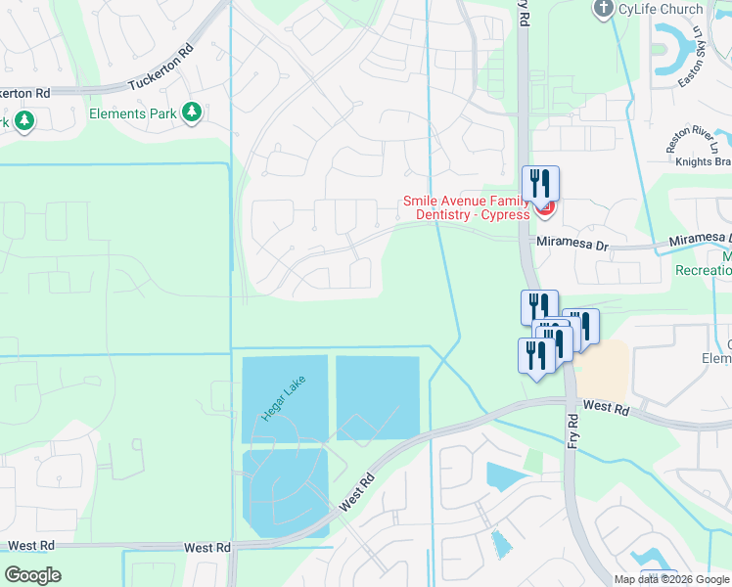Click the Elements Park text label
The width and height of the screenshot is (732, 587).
[x=132, y=114]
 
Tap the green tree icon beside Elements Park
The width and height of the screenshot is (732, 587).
[x=192, y=113]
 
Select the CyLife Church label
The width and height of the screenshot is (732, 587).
[x=661, y=10]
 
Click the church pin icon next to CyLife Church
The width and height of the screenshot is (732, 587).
[x=604, y=9]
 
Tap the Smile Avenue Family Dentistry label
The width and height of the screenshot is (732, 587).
[x=467, y=207]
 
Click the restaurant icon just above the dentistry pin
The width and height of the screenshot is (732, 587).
[x=539, y=183]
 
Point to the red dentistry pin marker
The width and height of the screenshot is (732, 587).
[x=545, y=206]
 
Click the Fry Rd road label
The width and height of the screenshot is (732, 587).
[x=572, y=431]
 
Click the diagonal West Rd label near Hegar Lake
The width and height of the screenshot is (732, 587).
[x=357, y=492]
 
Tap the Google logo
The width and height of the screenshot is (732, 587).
[x=32, y=575]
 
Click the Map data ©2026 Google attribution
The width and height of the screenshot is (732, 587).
[x=671, y=579]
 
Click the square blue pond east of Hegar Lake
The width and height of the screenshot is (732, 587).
[x=377, y=397]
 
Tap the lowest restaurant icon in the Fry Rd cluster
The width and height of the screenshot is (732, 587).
[x=535, y=356]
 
